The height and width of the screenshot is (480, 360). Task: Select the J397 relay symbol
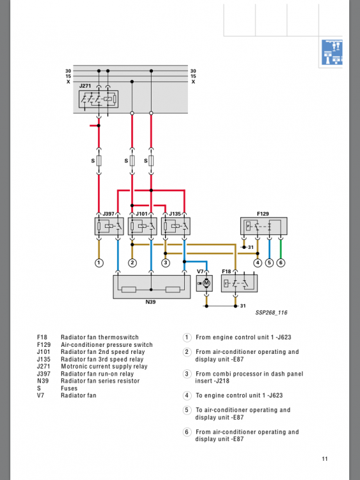click(x=109, y=226)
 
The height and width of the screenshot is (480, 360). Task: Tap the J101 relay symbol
click(x=142, y=226)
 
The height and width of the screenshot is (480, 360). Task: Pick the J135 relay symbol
click(x=176, y=226)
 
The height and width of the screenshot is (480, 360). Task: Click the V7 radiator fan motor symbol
click(x=205, y=283)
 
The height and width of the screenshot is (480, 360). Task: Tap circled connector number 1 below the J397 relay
click(x=99, y=262)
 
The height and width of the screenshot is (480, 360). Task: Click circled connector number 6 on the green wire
click(x=281, y=262)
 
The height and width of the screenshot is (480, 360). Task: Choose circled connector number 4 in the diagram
click(x=258, y=262)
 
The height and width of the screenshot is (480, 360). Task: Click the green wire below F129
click(x=281, y=248)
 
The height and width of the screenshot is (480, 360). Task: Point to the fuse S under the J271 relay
click(x=99, y=161)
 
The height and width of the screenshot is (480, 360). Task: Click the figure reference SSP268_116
click(x=271, y=312)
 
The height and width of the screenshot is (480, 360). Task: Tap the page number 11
click(x=325, y=459)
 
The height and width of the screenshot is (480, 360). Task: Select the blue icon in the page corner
click(x=332, y=52)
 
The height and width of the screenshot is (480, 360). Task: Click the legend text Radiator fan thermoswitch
click(x=100, y=337)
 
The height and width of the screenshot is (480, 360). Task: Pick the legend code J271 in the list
click(x=43, y=367)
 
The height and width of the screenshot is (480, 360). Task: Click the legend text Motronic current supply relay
click(x=104, y=367)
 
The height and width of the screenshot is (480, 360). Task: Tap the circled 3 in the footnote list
click(x=187, y=374)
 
